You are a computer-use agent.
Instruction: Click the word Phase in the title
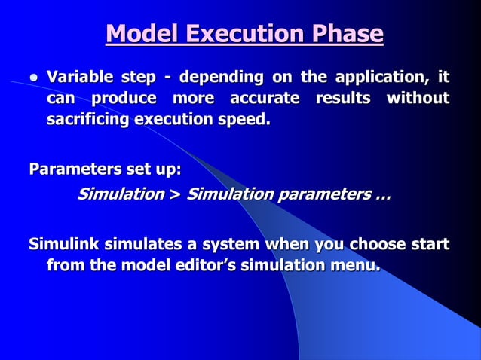point(343,35)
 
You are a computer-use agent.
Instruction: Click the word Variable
point(79,77)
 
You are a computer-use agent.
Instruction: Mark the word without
point(418,98)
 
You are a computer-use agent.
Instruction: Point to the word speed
point(243,119)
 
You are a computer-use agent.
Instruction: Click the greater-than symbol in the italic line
point(175,194)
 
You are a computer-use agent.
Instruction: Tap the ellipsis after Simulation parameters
point(382,196)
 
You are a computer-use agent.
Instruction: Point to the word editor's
point(203,265)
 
